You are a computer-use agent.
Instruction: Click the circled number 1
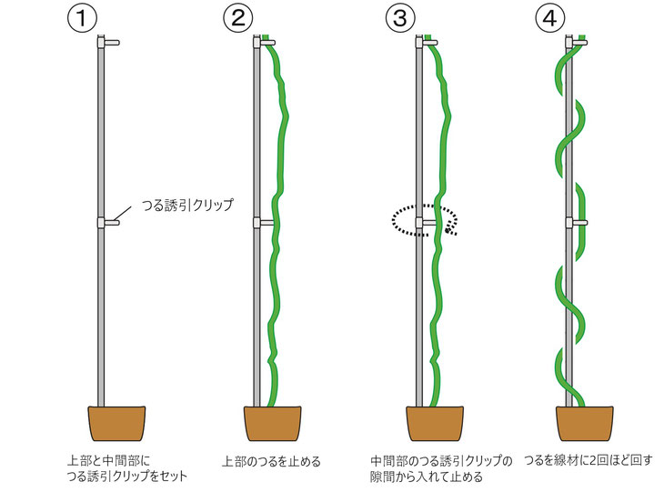pos(82,18)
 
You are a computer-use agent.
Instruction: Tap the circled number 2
pos(238,18)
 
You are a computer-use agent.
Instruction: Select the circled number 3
pos(400,18)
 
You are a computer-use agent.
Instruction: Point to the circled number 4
pos(550,18)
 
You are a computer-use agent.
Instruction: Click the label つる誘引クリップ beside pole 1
pos(187,205)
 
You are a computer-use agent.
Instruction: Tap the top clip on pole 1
pos(108,43)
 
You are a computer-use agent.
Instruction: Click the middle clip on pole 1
pos(108,223)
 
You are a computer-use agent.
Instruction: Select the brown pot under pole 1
pos(116,424)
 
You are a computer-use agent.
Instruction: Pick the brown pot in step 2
pos(272,424)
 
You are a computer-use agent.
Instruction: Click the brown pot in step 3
pos(435,424)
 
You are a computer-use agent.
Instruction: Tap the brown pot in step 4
pos(585,424)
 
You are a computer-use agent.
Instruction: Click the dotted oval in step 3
pos(393,220)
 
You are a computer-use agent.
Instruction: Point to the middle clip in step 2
pos(264,223)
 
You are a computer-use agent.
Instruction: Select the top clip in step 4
pos(577,43)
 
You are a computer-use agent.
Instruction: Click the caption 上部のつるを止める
pos(271,461)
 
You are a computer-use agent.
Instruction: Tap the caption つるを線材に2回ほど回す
pos(589,460)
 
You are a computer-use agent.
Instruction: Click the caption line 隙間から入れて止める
pos(427,477)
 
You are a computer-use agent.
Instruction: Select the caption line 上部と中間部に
pos(108,460)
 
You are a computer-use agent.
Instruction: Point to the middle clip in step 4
pos(577,223)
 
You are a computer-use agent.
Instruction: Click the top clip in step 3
pos(427,43)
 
